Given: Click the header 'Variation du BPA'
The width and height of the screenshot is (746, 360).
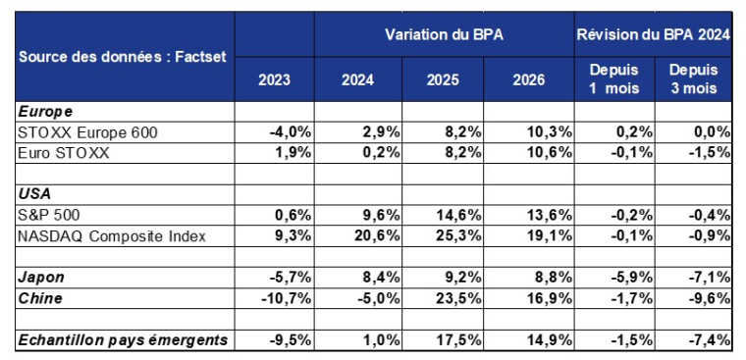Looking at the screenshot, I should click(x=444, y=34).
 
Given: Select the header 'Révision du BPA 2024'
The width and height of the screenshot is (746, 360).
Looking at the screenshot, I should click(x=653, y=34).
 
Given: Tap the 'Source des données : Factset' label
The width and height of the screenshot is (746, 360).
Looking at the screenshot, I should click(x=123, y=57).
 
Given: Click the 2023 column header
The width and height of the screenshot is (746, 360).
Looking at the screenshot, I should click(x=274, y=79).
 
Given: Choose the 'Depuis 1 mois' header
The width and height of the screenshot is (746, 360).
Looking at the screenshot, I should click(x=613, y=78).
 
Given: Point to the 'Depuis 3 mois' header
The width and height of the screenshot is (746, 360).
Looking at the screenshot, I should click(x=693, y=78).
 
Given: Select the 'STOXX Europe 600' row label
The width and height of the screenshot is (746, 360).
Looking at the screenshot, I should click(x=87, y=131).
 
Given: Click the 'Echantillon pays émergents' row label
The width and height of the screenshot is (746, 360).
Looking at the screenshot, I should click(x=123, y=339).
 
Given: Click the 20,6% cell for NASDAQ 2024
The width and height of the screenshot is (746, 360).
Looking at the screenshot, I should click(x=370, y=235).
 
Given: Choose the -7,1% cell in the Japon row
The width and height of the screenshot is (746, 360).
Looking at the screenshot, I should click(x=710, y=277).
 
